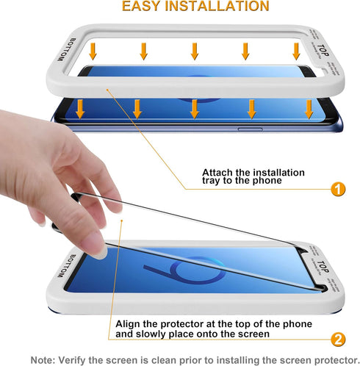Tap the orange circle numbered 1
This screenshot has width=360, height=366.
[x=337, y=189]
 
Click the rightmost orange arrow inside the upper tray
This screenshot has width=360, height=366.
[x=296, y=51]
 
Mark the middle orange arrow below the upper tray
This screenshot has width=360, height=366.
[x=194, y=110]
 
